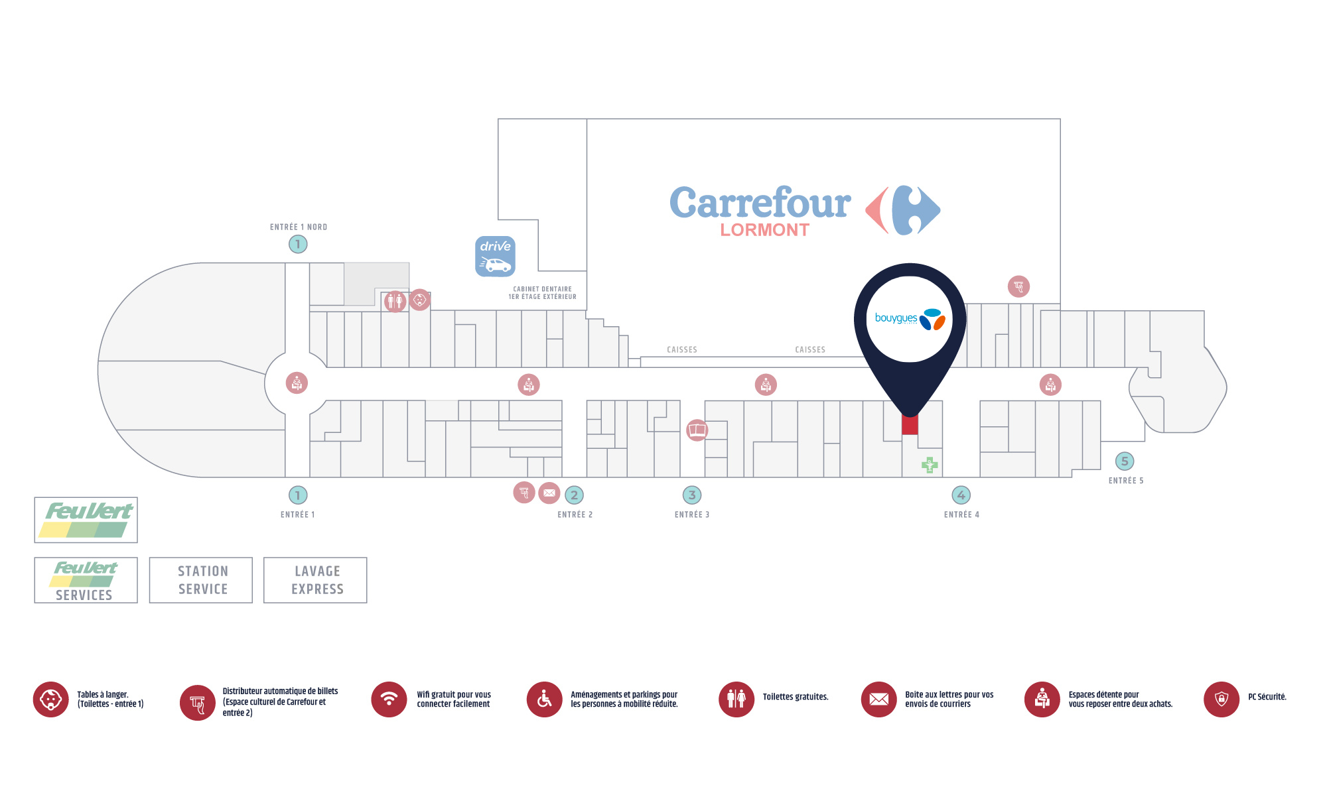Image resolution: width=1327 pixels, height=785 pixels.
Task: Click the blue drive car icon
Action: (x=495, y=256)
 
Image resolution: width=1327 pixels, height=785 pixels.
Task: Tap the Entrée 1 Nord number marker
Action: (x=298, y=244)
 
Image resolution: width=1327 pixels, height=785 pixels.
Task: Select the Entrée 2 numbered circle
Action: (x=575, y=495)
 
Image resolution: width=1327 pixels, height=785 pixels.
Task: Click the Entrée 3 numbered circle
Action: (x=692, y=495)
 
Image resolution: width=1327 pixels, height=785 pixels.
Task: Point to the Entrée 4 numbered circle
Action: (x=961, y=495)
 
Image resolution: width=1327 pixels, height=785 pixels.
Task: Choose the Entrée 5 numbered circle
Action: (x=1125, y=461)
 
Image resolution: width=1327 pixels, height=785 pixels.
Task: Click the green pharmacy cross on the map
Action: (x=930, y=465)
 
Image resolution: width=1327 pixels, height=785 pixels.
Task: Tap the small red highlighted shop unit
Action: (x=910, y=424)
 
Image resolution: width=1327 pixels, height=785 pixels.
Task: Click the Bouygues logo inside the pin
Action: (x=910, y=319)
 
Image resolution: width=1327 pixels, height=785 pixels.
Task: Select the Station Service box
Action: (x=201, y=580)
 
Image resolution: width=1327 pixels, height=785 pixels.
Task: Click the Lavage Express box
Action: (x=315, y=580)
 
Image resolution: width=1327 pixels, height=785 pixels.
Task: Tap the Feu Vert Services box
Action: (x=86, y=580)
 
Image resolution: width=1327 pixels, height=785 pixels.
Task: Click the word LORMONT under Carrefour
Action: (x=765, y=230)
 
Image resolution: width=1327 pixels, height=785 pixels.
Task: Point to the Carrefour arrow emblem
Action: (x=903, y=210)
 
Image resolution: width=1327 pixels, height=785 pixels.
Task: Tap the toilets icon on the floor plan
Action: (x=395, y=302)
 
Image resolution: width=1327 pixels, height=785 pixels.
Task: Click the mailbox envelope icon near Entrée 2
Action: (x=549, y=493)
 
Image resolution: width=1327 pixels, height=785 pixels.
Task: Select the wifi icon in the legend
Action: (x=389, y=699)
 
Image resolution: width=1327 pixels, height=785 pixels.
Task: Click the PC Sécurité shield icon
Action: (x=1222, y=699)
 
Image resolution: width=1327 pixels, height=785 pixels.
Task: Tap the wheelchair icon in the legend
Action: (x=545, y=699)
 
